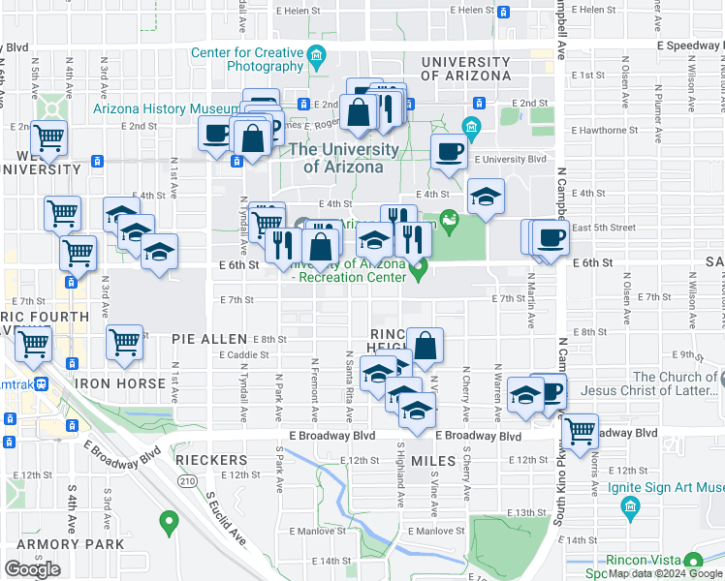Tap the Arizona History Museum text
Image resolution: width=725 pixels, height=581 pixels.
tap(167, 108)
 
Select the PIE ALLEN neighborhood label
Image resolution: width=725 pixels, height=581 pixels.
tap(209, 340)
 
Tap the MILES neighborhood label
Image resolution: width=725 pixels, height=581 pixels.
tap(433, 460)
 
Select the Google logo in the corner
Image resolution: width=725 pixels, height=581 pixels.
tap(32, 569)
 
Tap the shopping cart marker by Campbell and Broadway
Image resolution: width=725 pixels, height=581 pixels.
tap(580, 429)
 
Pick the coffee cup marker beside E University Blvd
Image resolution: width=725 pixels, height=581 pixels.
tap(449, 151)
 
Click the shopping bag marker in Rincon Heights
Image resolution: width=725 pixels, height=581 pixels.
tap(425, 344)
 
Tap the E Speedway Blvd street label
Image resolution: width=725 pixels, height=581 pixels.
tap(689, 45)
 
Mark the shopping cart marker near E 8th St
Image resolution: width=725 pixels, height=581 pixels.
tap(124, 341)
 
